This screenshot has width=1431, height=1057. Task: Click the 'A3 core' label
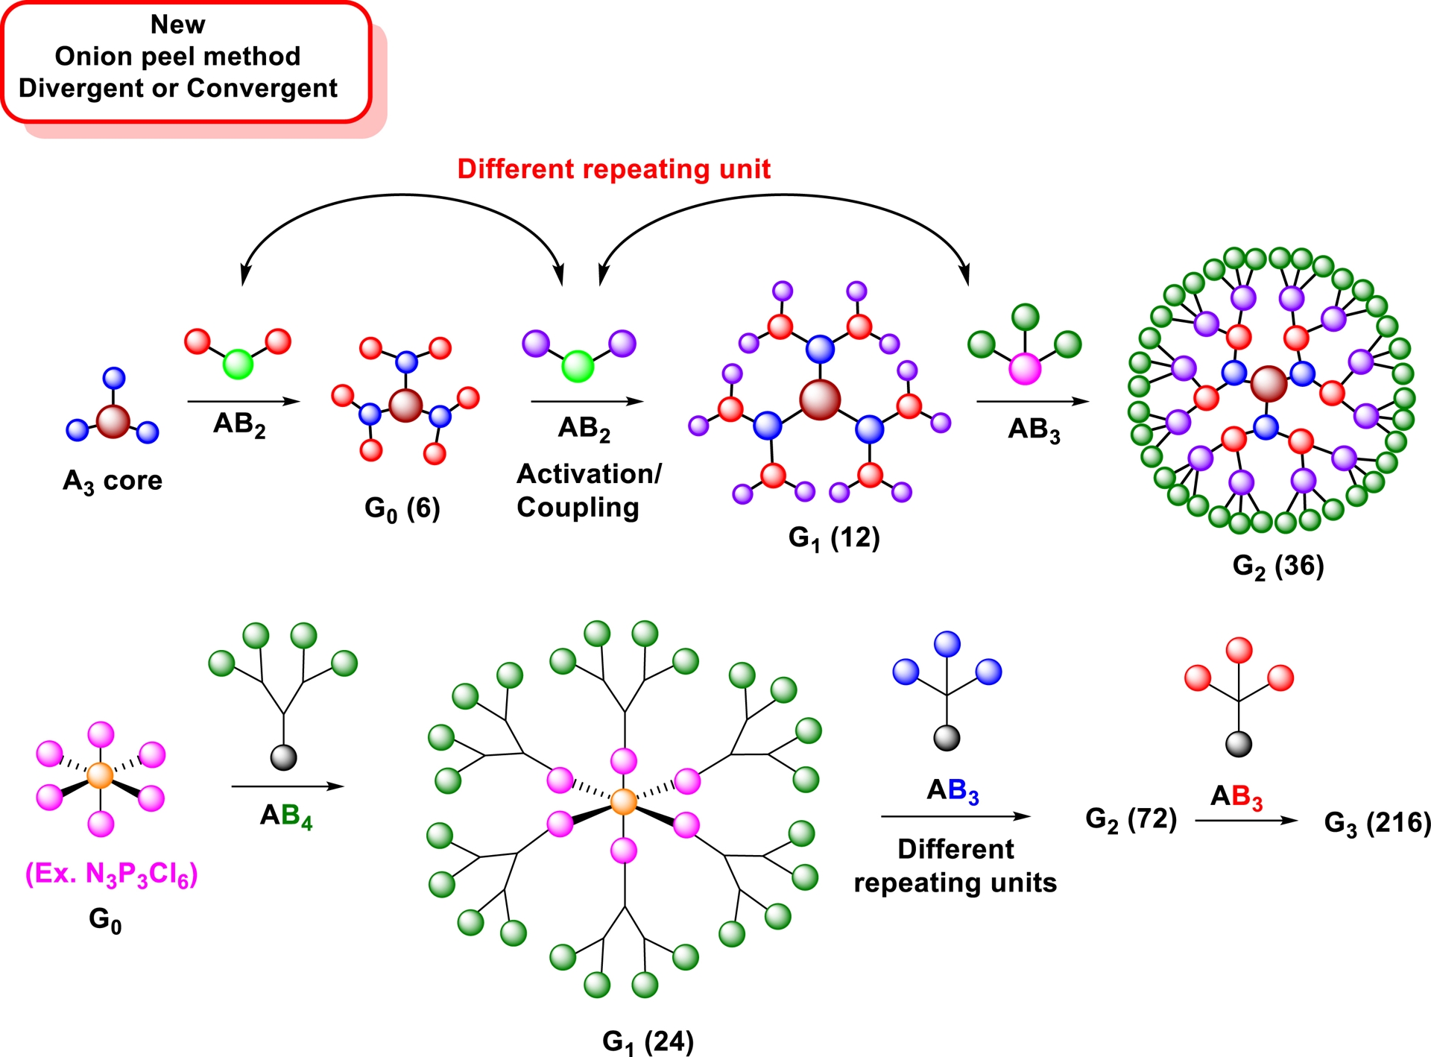(x=113, y=482)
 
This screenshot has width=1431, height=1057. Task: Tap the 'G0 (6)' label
(x=402, y=508)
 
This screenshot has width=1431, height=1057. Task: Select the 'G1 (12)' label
(x=834, y=537)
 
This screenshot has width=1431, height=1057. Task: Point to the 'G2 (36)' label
(x=1278, y=566)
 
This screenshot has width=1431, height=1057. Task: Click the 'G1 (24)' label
(x=648, y=1041)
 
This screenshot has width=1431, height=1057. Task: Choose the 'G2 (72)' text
(x=1131, y=818)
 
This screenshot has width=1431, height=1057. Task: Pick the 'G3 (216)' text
(x=1377, y=823)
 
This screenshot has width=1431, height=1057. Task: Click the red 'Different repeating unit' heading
(x=613, y=169)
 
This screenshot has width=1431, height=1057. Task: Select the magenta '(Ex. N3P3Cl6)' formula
(x=112, y=874)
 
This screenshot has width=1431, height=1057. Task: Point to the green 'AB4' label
(x=286, y=815)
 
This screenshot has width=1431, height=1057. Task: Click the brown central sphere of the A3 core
(x=113, y=421)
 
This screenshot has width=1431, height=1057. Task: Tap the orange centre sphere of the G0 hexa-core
(x=100, y=775)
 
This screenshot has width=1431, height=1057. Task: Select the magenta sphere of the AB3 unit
(x=1025, y=368)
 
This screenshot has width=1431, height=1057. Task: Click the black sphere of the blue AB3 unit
(x=947, y=738)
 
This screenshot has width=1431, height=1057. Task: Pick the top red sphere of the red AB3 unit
(x=1239, y=650)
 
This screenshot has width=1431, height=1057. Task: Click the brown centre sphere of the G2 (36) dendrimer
(x=1269, y=384)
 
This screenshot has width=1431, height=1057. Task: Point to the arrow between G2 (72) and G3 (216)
(x=1246, y=821)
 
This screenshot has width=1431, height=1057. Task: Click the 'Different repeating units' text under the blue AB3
(x=955, y=865)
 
